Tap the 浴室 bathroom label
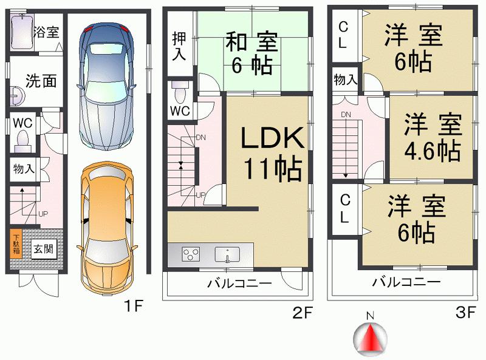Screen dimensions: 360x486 47,32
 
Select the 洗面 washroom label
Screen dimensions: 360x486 41,81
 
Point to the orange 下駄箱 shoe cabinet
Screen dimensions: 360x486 15,244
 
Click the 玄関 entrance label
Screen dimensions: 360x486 41,249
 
